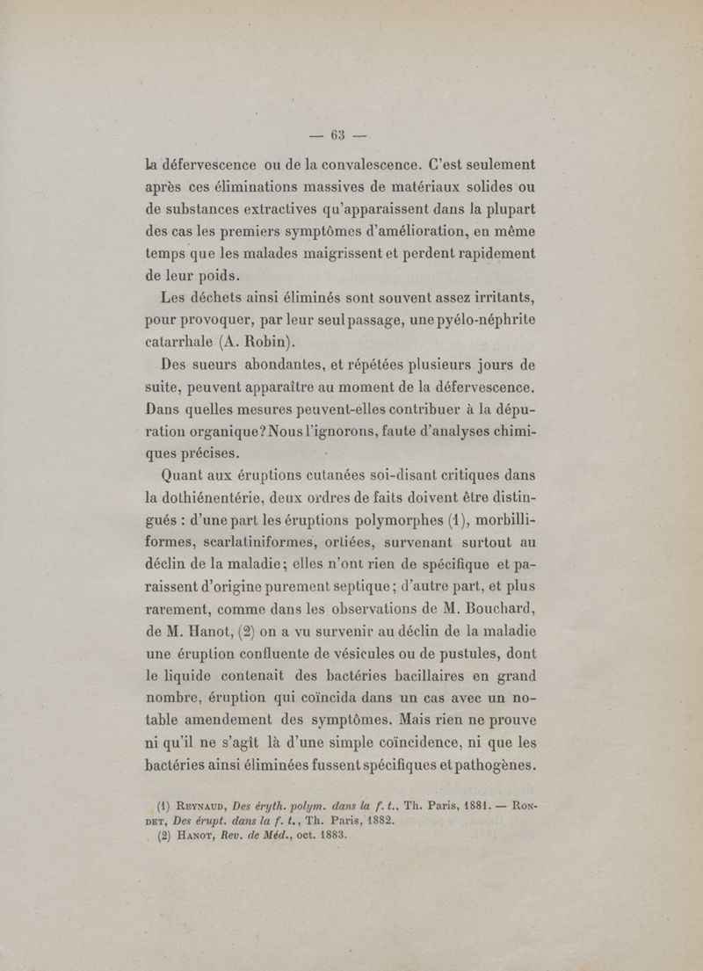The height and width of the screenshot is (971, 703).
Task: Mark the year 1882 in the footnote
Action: pyautogui.click(x=367, y=824)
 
